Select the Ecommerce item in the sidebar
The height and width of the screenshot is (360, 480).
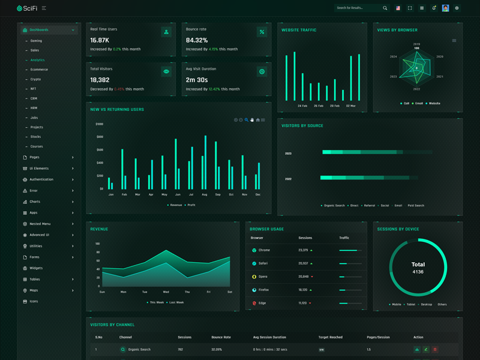pyautogui.click(x=39, y=70)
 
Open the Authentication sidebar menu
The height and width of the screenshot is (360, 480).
pyautogui.click(x=41, y=179)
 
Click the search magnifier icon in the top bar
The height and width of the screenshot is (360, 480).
pyautogui.click(x=385, y=8)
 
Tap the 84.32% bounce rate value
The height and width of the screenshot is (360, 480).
pyautogui.click(x=197, y=40)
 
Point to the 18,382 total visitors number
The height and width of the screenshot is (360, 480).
pyautogui.click(x=100, y=80)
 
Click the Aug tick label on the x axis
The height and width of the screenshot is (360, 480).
pyautogui.click(x=205, y=194)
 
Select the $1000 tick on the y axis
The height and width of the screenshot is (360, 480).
pyautogui.click(x=99, y=124)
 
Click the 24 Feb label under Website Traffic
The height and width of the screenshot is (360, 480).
pyautogui.click(x=302, y=106)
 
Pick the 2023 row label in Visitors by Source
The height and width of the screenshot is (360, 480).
pyautogui.click(x=288, y=154)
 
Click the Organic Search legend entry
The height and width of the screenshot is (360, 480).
pyautogui.click(x=333, y=205)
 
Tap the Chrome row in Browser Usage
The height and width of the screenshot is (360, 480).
pyautogui.click(x=264, y=250)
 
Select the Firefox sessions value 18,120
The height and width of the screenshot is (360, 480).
pyautogui.click(x=303, y=290)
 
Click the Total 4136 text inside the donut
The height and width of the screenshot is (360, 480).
pyautogui.click(x=418, y=268)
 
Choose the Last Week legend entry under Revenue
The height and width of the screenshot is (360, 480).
pyautogui.click(x=176, y=302)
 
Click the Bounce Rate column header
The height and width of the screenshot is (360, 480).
pyautogui.click(x=221, y=337)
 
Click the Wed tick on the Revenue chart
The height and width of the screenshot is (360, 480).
pyautogui.click(x=166, y=292)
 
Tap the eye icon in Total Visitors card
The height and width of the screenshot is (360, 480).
pyautogui.click(x=166, y=71)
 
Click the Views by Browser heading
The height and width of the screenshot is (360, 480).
pyautogui.click(x=397, y=30)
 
